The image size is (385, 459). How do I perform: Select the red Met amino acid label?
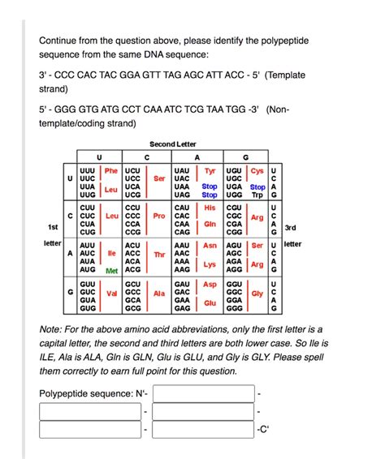click(x=113, y=270)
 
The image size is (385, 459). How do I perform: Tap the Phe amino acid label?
click(x=112, y=172)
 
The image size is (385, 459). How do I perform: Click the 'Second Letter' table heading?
click(x=173, y=144)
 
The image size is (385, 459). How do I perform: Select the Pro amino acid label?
click(x=159, y=217)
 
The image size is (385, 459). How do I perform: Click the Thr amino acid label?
click(x=159, y=255)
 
